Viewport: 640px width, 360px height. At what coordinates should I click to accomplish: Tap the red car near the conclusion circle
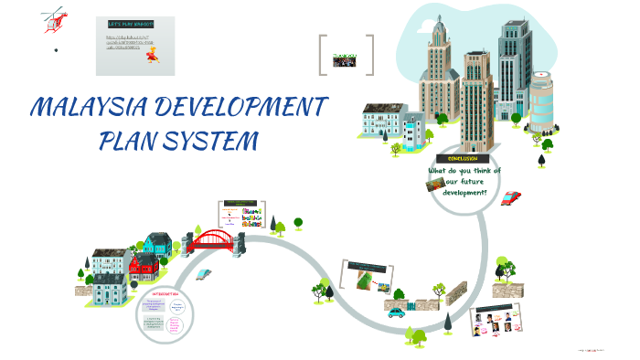pos(512,196)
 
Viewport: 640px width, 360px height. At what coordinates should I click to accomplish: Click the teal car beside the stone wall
pos(396,312)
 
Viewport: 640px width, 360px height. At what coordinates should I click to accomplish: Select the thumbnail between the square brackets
pos(346,57)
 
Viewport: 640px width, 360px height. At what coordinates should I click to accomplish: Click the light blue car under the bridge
pos(203,273)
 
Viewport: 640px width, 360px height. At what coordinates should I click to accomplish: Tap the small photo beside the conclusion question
pos(434,184)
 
